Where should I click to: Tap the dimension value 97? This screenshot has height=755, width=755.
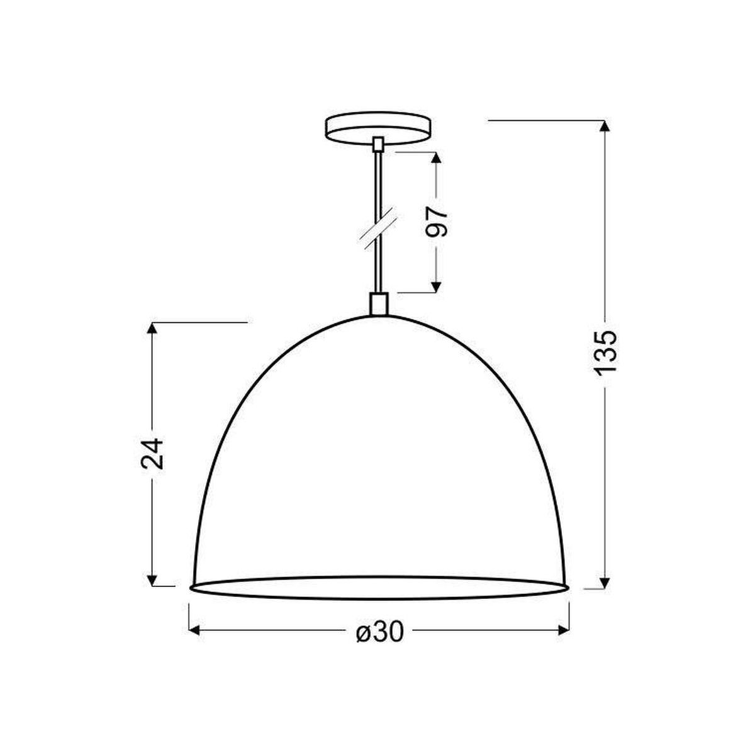tap(436, 222)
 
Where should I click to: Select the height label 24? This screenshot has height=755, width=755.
tap(152, 454)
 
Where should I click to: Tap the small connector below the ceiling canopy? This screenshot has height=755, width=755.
tap(377, 144)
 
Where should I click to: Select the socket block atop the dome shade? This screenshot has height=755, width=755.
tap(379, 304)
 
